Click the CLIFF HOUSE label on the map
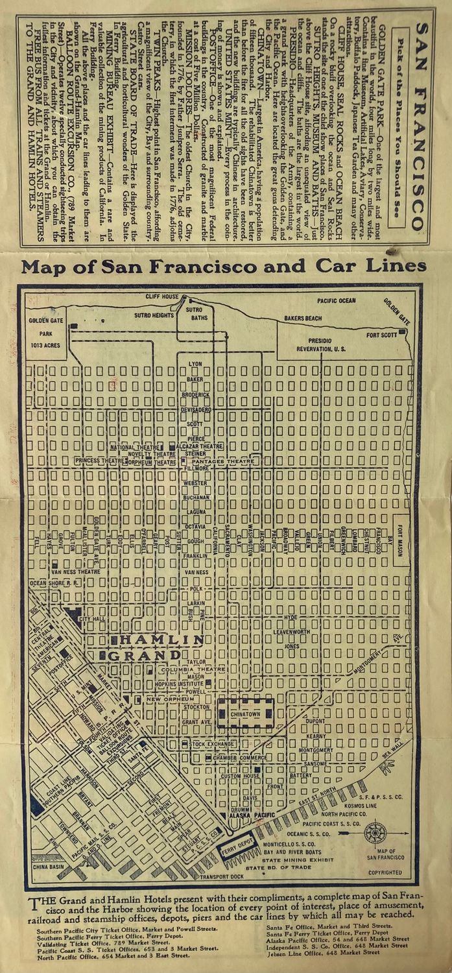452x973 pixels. tap(161, 296)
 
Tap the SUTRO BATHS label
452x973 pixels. tap(195, 315)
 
